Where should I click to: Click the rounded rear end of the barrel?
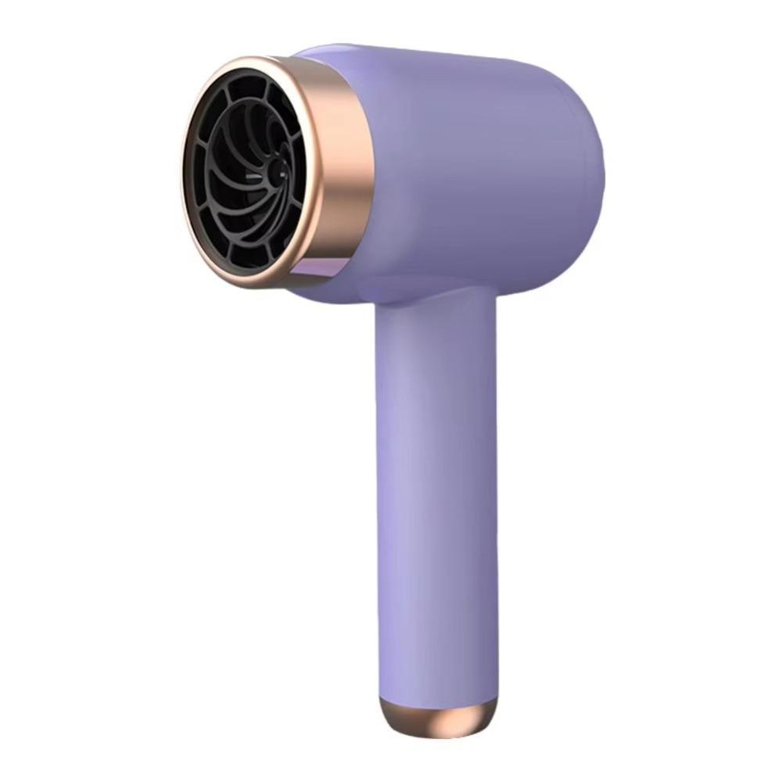pos(586,180)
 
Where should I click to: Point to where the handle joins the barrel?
pos(434,301)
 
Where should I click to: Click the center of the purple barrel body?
pos(469,172)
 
